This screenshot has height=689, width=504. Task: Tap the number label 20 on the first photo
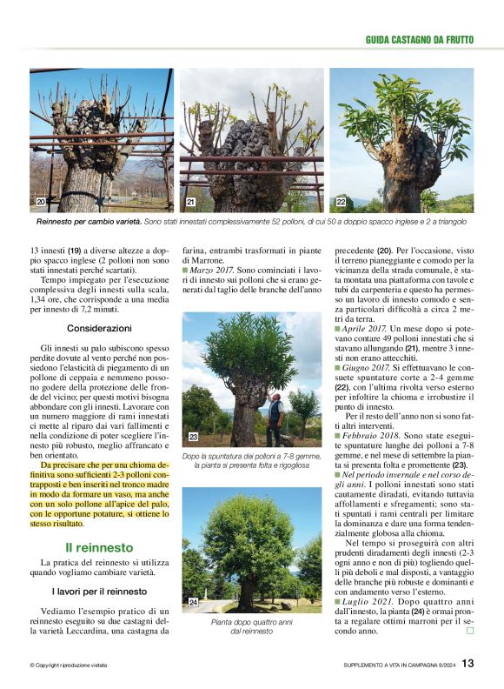click(x=40, y=202)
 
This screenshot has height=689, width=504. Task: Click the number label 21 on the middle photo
click(x=190, y=202)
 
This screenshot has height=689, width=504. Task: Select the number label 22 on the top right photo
click(x=341, y=202)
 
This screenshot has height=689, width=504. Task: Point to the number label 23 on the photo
click(x=193, y=437)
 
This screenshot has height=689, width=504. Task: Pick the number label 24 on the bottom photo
click(x=193, y=601)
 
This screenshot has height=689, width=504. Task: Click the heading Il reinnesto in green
click(x=99, y=547)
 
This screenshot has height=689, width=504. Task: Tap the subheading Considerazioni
click(x=99, y=328)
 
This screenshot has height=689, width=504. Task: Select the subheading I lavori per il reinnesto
click(x=99, y=592)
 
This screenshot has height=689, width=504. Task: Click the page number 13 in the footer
click(x=468, y=664)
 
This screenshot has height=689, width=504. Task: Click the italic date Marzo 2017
click(x=212, y=271)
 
